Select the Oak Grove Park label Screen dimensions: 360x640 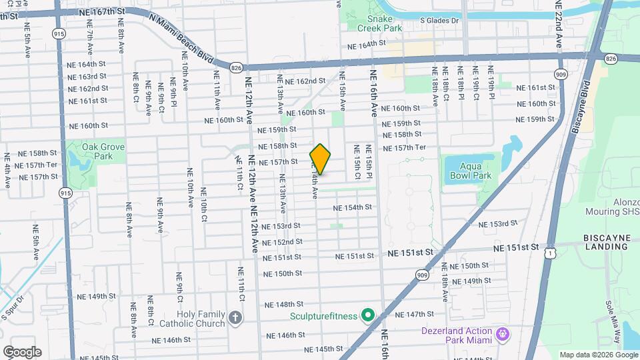coord(103,151)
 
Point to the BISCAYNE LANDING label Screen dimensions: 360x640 coord(597,241)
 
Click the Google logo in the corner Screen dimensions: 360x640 coord(22,351)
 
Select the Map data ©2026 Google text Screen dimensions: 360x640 coord(598,355)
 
